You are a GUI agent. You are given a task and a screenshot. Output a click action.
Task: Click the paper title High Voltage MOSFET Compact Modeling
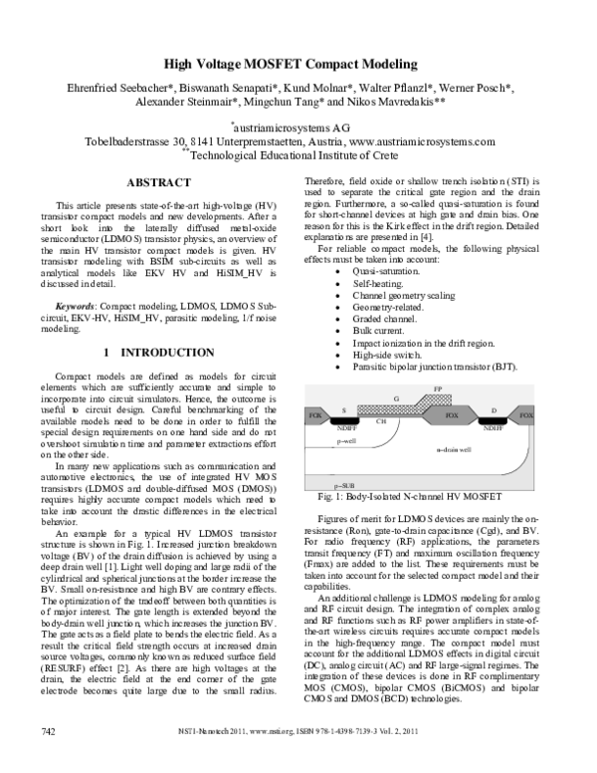point(298,61)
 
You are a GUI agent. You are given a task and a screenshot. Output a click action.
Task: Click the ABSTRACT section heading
point(158,182)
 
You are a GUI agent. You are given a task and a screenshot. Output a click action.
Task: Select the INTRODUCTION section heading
point(158,353)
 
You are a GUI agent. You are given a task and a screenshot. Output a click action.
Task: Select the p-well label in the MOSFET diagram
point(346,438)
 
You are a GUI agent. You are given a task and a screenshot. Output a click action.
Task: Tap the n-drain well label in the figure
point(455,450)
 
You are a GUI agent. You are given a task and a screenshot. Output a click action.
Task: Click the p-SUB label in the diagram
point(347,481)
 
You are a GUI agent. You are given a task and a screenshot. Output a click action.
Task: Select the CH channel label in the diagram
point(380,420)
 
